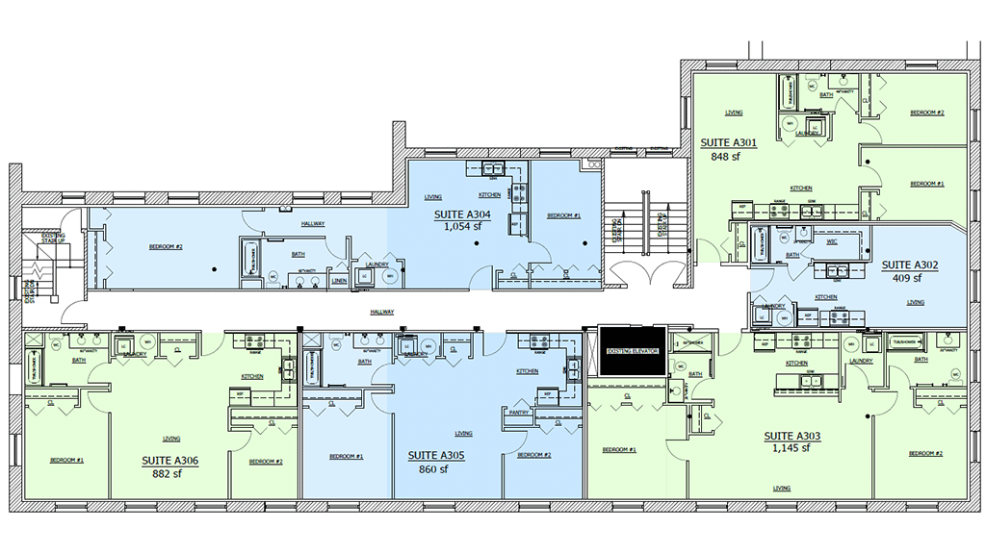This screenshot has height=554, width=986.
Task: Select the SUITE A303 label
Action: (793, 436)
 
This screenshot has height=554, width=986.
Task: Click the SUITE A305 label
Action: (436, 456)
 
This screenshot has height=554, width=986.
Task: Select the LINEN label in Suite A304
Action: (338, 280)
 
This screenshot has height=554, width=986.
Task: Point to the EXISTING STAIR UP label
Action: (53, 237)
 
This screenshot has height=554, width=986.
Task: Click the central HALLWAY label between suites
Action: (383, 312)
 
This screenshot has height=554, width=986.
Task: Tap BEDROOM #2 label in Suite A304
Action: (166, 247)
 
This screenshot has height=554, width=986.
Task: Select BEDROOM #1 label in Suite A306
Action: (67, 461)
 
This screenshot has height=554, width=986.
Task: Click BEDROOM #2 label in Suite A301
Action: (927, 113)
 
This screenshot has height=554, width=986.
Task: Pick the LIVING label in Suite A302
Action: (915, 302)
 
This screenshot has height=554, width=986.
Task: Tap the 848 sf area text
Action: (724, 156)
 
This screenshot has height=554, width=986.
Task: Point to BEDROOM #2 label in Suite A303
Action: (926, 453)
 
